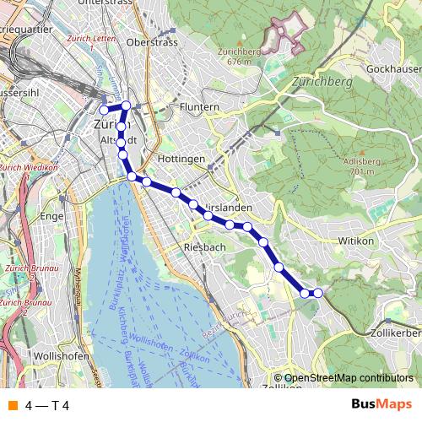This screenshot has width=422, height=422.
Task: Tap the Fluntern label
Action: coord(199,107)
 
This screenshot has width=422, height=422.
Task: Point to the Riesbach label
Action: coord(203,247)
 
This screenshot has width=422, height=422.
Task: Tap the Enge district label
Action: coord(52,216)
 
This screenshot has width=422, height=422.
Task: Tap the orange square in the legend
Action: coord(13,406)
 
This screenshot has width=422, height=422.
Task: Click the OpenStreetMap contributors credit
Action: coord(349,378)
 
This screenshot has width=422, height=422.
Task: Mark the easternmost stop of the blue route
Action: coord(317,293)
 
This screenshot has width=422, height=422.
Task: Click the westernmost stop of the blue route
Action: coord(104,110)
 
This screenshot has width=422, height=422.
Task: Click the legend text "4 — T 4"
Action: coord(47,406)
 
